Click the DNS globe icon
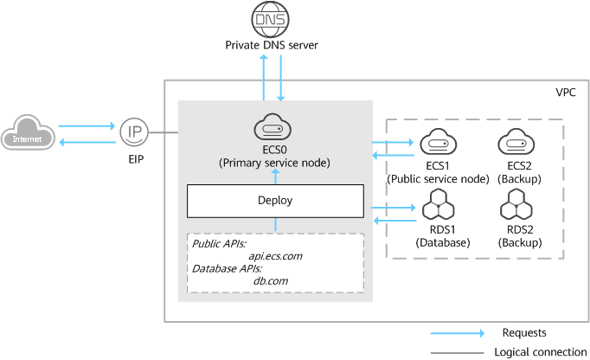point(272,17)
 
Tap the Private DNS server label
point(272,44)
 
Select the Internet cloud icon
point(27,136)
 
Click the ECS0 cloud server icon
point(275,129)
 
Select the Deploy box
point(275,200)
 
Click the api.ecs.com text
point(275,256)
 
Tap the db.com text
point(271,280)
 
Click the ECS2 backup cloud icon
point(519,143)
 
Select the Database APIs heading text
point(227,268)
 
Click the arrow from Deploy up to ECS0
point(275,176)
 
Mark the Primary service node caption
point(275,161)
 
